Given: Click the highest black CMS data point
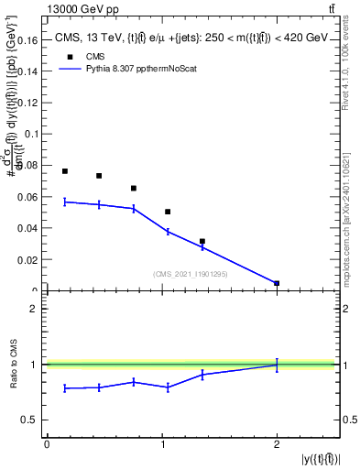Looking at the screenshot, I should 65,171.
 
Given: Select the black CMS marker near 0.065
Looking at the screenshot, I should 134,189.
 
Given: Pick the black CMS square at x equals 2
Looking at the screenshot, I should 277,283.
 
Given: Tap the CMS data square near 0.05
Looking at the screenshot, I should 168,212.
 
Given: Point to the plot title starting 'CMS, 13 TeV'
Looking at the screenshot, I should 191,38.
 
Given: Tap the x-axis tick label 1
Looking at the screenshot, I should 162,444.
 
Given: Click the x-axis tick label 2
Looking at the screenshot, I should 277,444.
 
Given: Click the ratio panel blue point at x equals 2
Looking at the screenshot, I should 277,365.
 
